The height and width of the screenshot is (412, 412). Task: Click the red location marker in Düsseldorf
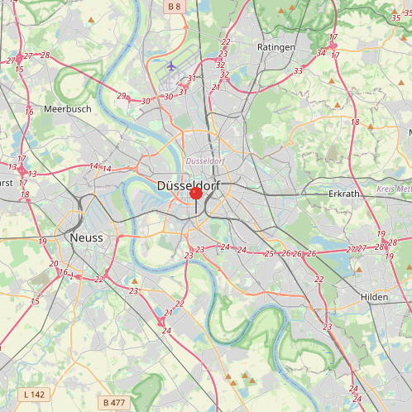196,194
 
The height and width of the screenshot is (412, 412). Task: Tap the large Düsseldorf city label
190,187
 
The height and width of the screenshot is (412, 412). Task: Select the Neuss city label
87,237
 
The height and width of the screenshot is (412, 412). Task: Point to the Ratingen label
276,47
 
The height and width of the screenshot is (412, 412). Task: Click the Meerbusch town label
67,108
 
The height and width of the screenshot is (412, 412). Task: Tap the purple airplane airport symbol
171,65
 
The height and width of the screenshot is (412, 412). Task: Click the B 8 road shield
175,7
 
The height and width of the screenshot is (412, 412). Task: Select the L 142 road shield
34,395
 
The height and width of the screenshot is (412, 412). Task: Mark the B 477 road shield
113,403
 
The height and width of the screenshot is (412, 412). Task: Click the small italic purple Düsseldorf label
206,159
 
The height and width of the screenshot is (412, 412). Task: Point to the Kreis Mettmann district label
394,189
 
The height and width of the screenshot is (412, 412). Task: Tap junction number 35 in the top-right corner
395,17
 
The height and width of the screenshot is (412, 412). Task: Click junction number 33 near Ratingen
298,71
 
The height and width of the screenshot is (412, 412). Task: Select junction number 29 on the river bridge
122,96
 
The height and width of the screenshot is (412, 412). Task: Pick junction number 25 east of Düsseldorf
269,253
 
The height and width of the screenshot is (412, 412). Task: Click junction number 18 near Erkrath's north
355,122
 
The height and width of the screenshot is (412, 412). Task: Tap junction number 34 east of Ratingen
321,54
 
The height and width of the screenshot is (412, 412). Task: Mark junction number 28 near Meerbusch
45,55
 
